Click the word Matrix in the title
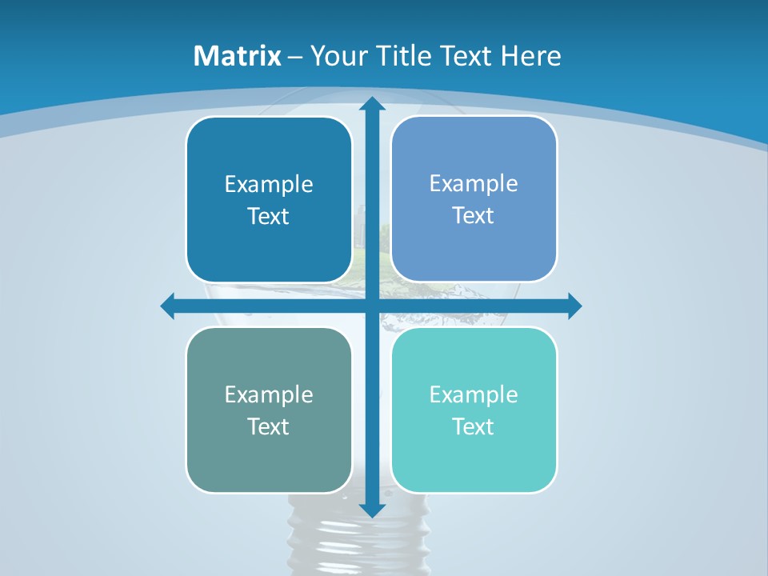click(238, 56)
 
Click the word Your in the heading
click(336, 56)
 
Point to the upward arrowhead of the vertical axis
click(371, 104)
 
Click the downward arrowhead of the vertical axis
click(371, 510)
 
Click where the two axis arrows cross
click(371, 306)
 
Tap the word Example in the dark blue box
click(269, 185)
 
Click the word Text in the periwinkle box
click(474, 216)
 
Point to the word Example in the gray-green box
click(269, 395)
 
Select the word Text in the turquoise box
click(474, 426)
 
